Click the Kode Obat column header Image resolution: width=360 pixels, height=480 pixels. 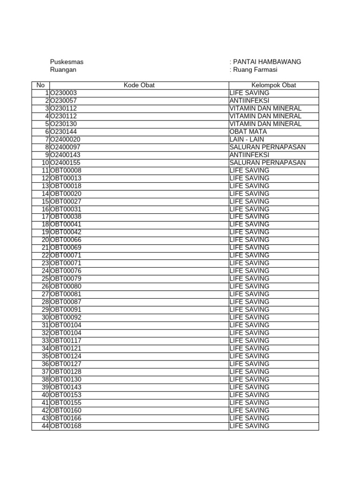[x=139, y=85]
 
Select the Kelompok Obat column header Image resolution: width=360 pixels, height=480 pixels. [x=274, y=85]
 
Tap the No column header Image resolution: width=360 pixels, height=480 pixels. [x=40, y=85]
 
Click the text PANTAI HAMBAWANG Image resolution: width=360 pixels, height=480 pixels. [x=267, y=62]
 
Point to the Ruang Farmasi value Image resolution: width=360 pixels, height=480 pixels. [x=255, y=70]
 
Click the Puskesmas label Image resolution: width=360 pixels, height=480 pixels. [x=67, y=62]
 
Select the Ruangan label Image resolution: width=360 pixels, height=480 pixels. [x=63, y=70]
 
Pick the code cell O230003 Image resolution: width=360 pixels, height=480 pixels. [x=64, y=93]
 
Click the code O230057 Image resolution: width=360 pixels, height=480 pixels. [x=64, y=101]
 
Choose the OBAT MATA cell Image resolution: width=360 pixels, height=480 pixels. [x=248, y=132]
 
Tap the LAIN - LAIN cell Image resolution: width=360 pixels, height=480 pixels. [x=247, y=139]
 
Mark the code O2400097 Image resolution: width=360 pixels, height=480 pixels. [x=66, y=147]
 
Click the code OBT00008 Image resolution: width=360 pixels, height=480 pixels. [x=66, y=170]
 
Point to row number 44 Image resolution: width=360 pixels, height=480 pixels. [x=45, y=426]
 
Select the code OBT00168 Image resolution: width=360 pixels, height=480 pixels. [x=66, y=426]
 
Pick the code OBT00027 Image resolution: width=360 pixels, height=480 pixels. [x=66, y=202]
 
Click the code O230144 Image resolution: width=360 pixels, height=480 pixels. [x=64, y=132]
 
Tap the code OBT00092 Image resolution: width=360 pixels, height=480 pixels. [x=66, y=317]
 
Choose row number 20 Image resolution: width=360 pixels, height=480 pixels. [x=45, y=240]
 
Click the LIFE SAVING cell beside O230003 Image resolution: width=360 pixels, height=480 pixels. [x=249, y=93]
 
